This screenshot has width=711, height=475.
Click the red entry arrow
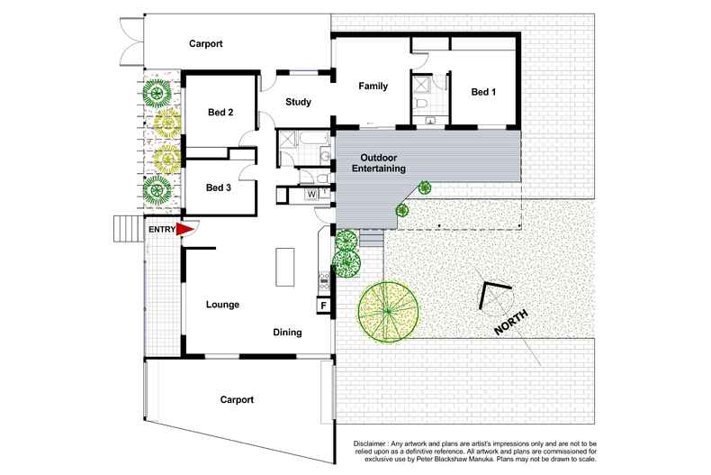click(184, 231)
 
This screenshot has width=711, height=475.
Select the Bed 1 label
click(482, 92)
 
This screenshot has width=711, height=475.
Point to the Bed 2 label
click(220, 113)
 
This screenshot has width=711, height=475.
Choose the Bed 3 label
click(219, 187)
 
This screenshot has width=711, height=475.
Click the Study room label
click(298, 102)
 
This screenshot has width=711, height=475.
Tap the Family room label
click(373, 87)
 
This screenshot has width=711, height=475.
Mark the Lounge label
click(221, 305)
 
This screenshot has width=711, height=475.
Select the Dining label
click(287, 333)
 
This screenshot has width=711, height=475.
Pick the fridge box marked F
click(322, 306)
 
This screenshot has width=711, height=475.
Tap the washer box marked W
click(311, 193)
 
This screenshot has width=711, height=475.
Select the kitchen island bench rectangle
click(284, 267)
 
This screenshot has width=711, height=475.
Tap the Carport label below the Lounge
click(236, 399)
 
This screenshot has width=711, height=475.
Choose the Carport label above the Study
click(205, 43)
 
